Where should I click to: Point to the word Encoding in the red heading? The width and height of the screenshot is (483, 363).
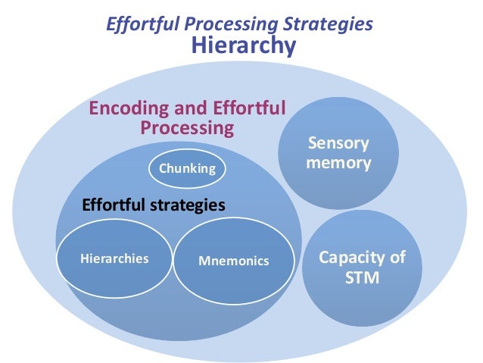point(125,108)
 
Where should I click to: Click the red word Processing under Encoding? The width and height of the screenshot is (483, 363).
point(187,127)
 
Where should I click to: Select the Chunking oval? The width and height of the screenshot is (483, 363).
point(187,168)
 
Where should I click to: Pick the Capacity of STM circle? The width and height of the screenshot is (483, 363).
point(362,268)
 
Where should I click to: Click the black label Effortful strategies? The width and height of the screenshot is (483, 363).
point(153,205)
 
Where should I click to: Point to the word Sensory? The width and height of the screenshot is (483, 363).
point(338,143)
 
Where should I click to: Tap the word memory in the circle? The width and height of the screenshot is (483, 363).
point(338,163)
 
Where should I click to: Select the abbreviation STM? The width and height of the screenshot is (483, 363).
point(362,277)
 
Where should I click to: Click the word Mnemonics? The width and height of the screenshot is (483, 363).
point(233,261)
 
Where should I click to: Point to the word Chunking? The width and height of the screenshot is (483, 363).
point(187,168)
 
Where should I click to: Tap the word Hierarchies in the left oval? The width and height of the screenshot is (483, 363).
point(114,258)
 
